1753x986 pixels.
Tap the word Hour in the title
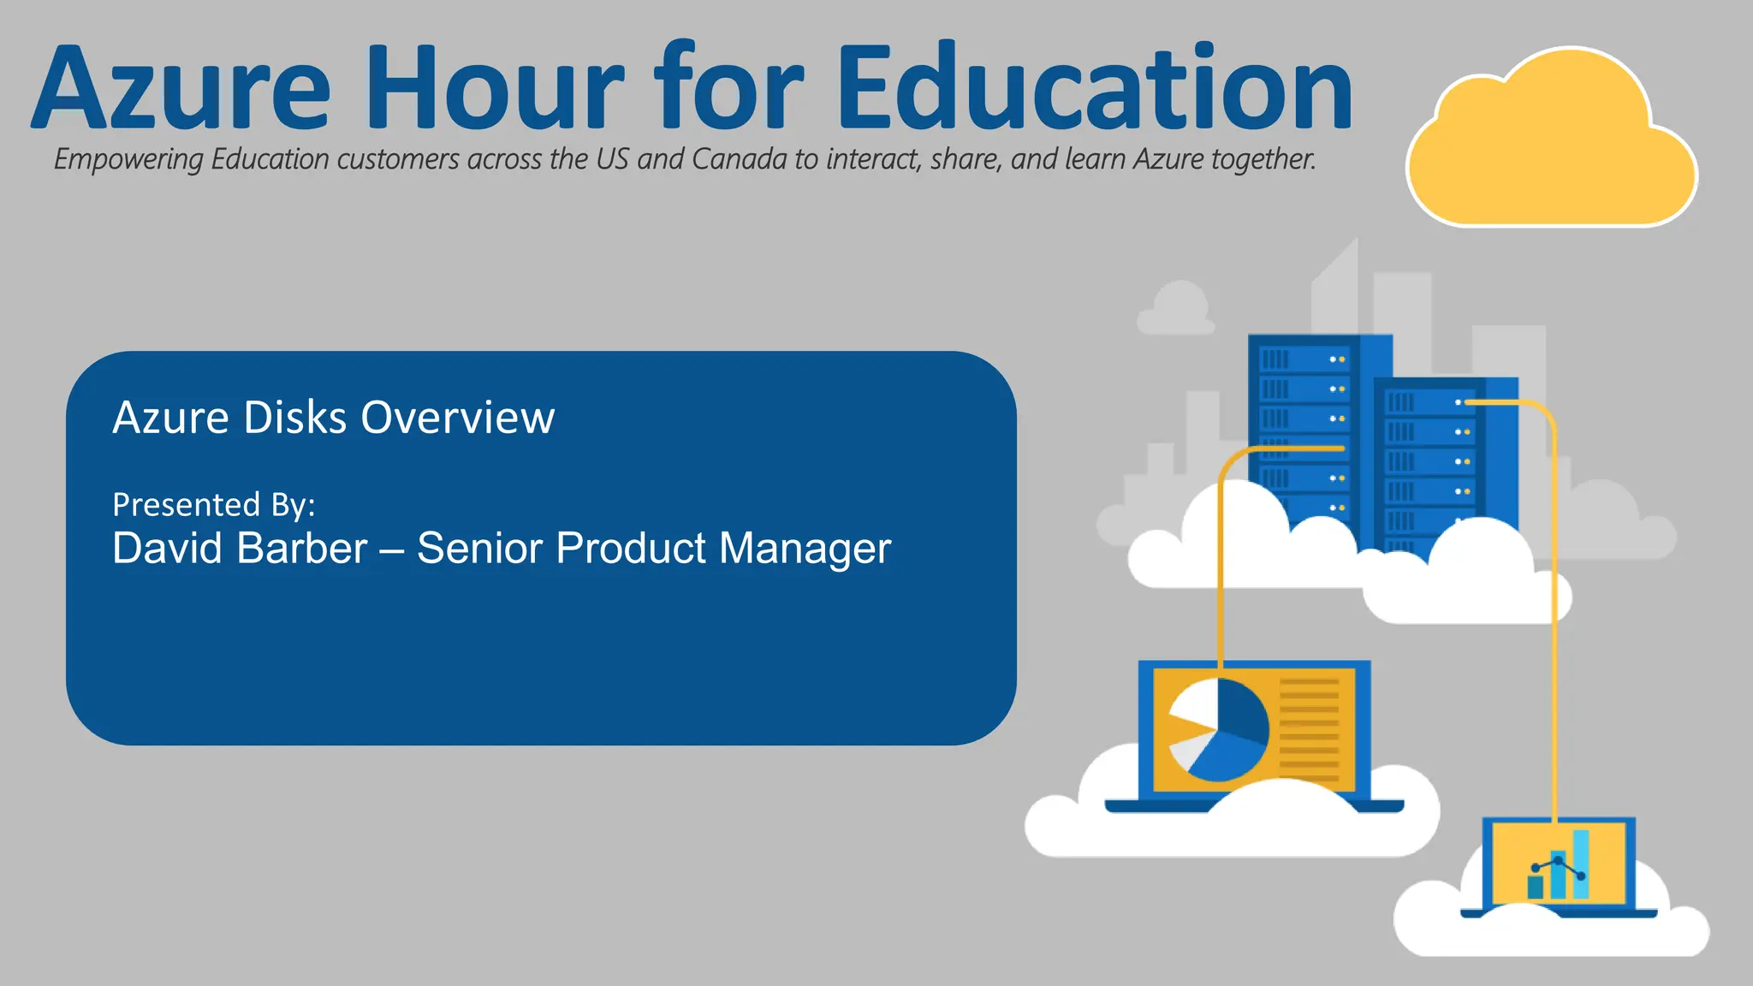pos(498,88)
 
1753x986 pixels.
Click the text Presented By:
pos(214,505)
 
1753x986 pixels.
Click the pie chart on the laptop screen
pos(1217,730)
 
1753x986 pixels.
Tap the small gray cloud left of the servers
pos(1178,310)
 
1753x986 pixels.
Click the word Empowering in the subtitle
pos(128,160)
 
